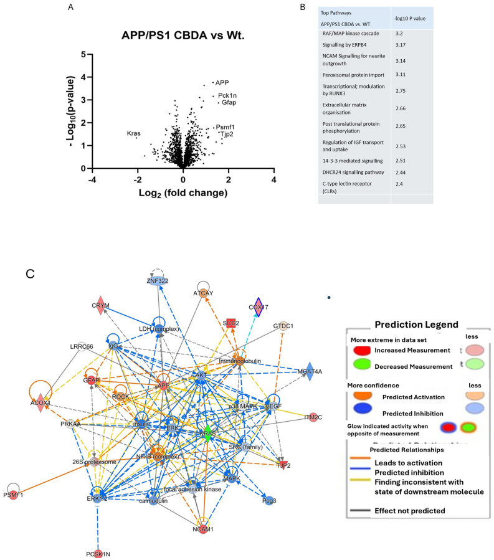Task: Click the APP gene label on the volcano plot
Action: point(222,82)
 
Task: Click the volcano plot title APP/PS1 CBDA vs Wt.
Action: point(183,35)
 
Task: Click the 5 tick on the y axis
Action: point(83,55)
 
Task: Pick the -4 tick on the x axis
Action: point(92,179)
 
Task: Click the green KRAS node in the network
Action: point(207,438)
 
